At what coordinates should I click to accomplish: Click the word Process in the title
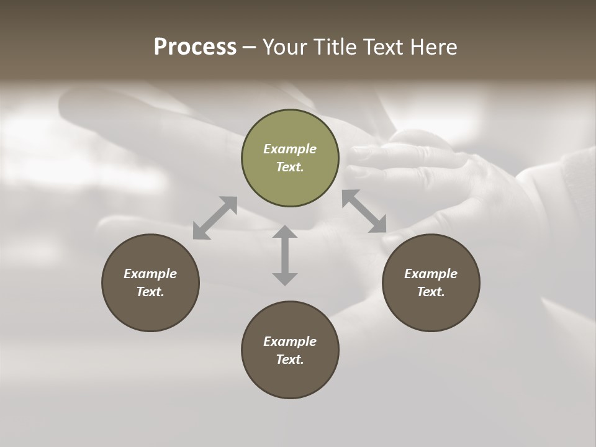pyautogui.click(x=195, y=47)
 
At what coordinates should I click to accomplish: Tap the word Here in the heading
pyautogui.click(x=433, y=47)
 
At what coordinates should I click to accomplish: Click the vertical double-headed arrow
pyautogui.click(x=285, y=255)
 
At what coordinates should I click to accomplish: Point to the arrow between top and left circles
pyautogui.click(x=215, y=217)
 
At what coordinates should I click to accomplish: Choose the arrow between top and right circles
pyautogui.click(x=364, y=211)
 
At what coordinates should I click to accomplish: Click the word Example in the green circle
pyautogui.click(x=290, y=149)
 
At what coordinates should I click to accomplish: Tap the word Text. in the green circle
pyautogui.click(x=290, y=167)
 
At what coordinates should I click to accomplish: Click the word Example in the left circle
pyautogui.click(x=150, y=274)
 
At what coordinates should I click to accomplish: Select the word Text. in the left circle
pyautogui.click(x=150, y=292)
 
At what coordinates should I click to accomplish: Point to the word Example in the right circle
pyautogui.click(x=431, y=274)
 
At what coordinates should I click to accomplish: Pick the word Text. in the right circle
pyautogui.click(x=431, y=292)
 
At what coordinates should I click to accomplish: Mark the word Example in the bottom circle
pyautogui.click(x=290, y=341)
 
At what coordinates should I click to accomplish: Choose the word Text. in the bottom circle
pyautogui.click(x=290, y=359)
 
